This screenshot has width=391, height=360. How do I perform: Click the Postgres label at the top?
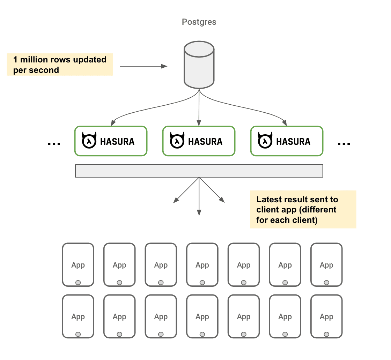pyautogui.click(x=199, y=22)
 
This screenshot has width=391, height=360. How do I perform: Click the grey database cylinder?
pyautogui.click(x=199, y=65)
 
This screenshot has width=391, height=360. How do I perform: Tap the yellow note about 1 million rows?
pyautogui.click(x=60, y=65)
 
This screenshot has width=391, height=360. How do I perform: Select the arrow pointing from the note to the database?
pyautogui.click(x=143, y=66)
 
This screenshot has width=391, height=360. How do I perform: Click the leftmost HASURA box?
pyautogui.click(x=111, y=141)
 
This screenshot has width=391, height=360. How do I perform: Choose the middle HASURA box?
pyautogui.click(x=199, y=141)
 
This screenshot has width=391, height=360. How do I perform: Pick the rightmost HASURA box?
pyautogui.click(x=287, y=141)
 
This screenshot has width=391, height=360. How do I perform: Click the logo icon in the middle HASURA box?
pyautogui.click(x=177, y=141)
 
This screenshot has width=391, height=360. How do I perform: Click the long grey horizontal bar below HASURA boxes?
pyautogui.click(x=199, y=171)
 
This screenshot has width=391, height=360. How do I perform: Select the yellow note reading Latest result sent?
pyautogui.click(x=303, y=209)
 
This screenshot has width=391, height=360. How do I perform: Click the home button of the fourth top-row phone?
pyautogui.click(x=202, y=283)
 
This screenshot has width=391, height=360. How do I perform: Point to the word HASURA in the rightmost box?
pyautogui.click(x=293, y=141)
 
